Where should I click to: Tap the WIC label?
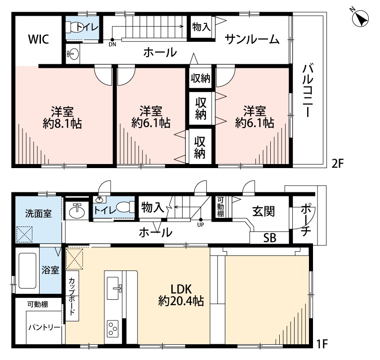point(39,39)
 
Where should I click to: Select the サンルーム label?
point(252,39)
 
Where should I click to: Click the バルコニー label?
point(308,91)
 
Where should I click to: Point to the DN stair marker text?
point(112,44)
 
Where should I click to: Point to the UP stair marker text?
point(201,225)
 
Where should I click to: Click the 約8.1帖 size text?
point(62,124)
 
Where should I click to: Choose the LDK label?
point(181,289)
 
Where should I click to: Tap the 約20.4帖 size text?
point(181,301)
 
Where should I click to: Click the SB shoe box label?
point(270,238)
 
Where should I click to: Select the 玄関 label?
point(264,211)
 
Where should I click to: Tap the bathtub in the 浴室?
point(27,271)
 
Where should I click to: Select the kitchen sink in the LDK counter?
point(113,288)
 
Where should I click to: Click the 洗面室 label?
point(38,213)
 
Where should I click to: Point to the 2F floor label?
point(338,164)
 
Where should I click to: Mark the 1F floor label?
point(322,344)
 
